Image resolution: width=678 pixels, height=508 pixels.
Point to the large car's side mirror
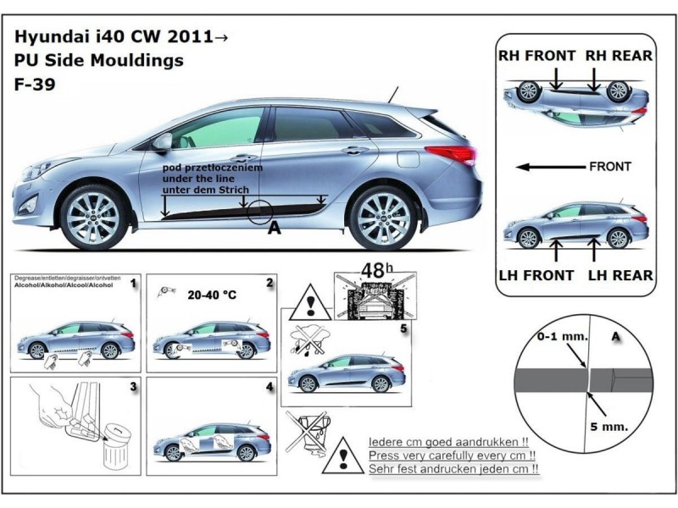(x=162, y=141)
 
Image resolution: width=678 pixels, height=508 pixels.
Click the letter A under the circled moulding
(x=274, y=228)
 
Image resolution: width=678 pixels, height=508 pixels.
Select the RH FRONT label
(x=537, y=56)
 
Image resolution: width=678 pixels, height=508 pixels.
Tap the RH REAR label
(x=619, y=56)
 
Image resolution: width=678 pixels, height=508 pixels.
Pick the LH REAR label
(x=620, y=275)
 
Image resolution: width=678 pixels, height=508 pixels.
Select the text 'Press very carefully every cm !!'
(x=455, y=455)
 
